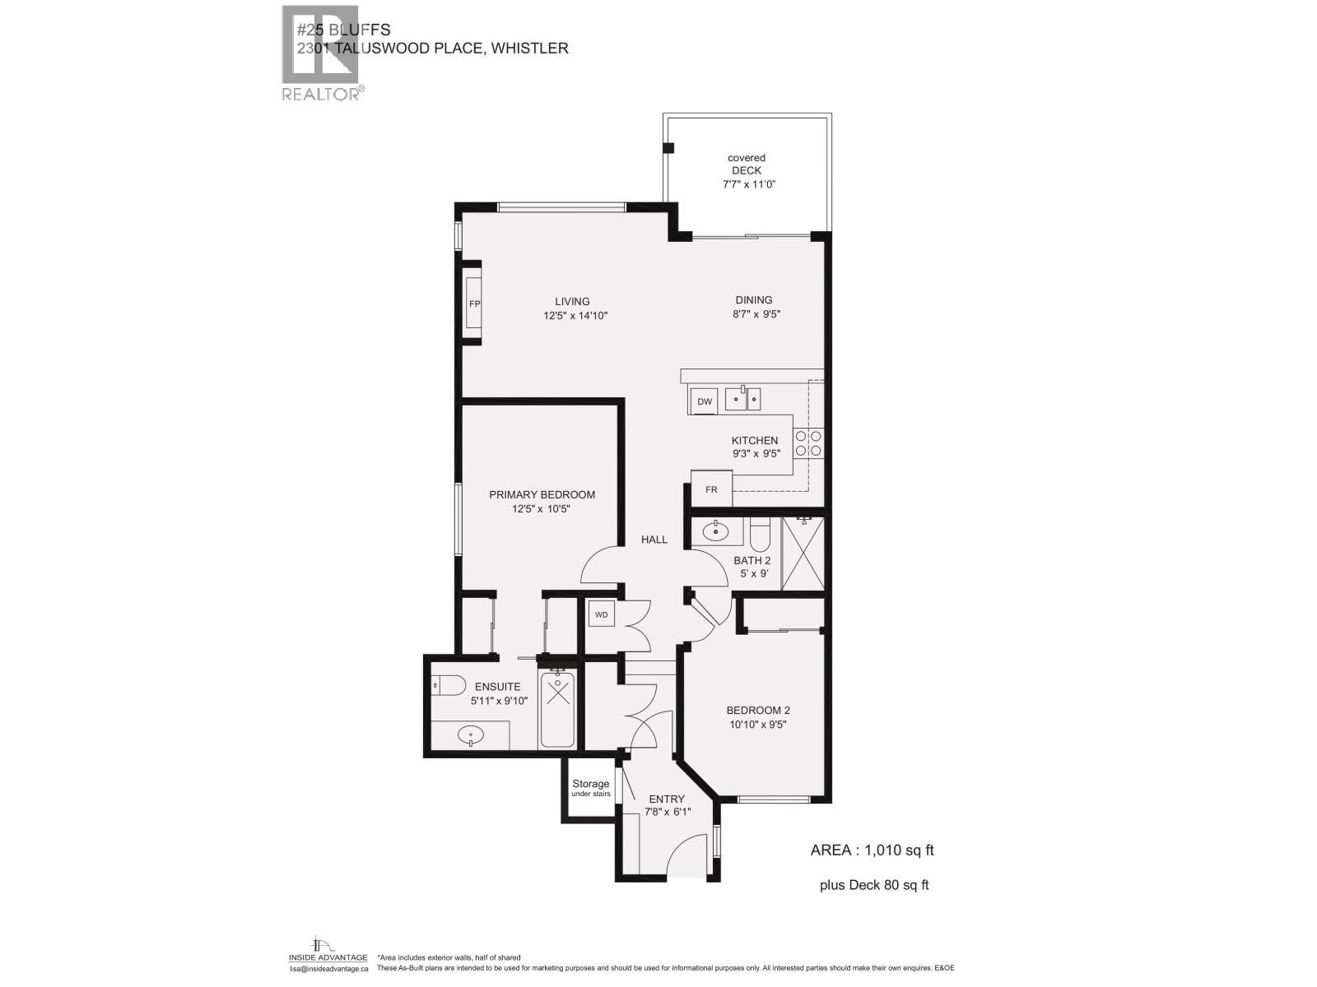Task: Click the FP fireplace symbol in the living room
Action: click(x=473, y=304)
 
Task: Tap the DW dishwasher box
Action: click(x=705, y=401)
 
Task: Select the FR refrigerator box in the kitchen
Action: click(x=711, y=489)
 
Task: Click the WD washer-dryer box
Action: click(x=601, y=614)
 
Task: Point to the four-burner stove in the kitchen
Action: click(x=807, y=444)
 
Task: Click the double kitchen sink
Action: click(x=743, y=399)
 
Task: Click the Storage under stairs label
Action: click(x=591, y=788)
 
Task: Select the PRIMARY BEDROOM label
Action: click(x=542, y=494)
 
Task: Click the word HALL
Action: click(x=654, y=540)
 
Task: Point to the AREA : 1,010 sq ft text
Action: click(x=872, y=850)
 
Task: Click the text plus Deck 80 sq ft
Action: click(x=873, y=886)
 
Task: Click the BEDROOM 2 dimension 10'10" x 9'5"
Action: click(x=758, y=725)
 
